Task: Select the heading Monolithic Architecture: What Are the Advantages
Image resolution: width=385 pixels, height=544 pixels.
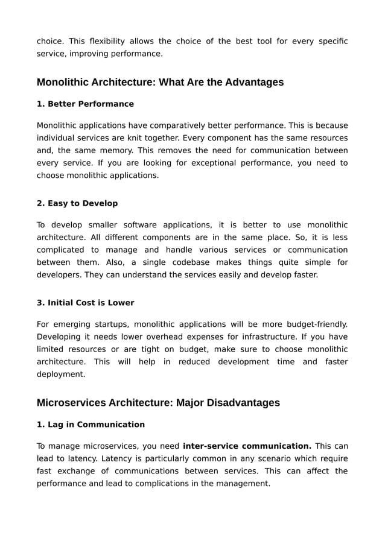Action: (160, 82)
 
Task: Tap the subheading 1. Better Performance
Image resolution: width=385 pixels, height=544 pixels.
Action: (85, 104)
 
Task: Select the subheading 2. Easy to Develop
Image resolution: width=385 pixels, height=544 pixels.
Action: (77, 203)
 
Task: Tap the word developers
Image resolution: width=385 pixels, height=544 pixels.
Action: (58, 275)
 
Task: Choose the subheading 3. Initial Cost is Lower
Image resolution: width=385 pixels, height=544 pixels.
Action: (85, 303)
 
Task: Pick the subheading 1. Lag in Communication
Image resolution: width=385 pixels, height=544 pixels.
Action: (91, 425)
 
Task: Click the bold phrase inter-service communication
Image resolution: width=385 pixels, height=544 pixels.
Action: (247, 446)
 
